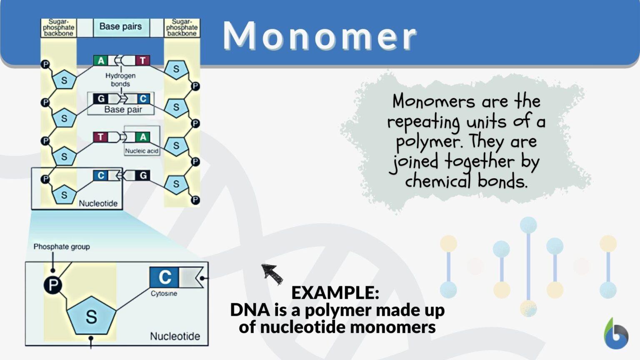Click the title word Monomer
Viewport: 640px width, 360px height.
(x=320, y=36)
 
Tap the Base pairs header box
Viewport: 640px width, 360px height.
(x=121, y=27)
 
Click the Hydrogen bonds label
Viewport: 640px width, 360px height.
(x=120, y=80)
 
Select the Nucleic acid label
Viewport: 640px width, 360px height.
(x=142, y=151)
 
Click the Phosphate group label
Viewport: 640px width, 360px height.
(x=62, y=247)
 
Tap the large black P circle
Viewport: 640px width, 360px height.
(x=53, y=285)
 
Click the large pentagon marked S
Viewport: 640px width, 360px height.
(x=91, y=317)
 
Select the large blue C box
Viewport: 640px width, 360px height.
(x=164, y=277)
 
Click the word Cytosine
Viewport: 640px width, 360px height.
(x=164, y=293)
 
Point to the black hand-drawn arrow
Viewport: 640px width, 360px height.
(x=272, y=273)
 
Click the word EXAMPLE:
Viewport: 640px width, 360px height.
(x=335, y=292)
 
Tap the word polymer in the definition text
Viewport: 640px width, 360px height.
(x=428, y=142)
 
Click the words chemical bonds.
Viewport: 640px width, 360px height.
(x=466, y=182)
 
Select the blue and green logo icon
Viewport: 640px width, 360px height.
(x=615, y=335)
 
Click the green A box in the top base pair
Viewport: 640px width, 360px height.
(x=101, y=60)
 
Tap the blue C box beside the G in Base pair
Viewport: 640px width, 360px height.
(x=143, y=99)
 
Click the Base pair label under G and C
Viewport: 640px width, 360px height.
(x=123, y=110)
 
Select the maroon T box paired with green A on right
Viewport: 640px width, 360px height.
(x=100, y=137)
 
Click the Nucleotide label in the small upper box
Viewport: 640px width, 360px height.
(x=98, y=203)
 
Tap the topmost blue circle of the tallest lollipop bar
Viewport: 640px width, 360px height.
(x=528, y=225)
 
